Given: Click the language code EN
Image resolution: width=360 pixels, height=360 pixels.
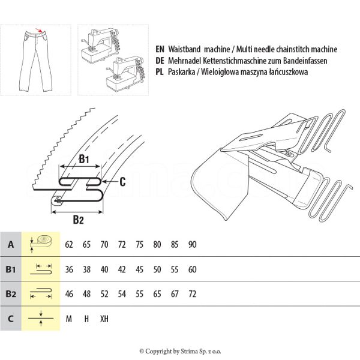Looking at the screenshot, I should [x=159, y=50].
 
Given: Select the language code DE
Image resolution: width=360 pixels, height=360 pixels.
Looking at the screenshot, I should [x=159, y=61].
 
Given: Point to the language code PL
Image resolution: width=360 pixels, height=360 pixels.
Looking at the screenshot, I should [x=159, y=71].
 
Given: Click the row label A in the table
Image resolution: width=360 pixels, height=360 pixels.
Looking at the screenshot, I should [x=11, y=245].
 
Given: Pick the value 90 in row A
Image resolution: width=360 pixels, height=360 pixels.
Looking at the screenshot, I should [x=192, y=245].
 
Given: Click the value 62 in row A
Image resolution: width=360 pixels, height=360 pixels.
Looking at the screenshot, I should [x=69, y=245].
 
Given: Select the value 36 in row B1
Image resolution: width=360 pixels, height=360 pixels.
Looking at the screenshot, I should [x=69, y=269].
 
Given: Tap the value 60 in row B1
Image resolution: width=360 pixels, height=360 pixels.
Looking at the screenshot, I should [x=192, y=269].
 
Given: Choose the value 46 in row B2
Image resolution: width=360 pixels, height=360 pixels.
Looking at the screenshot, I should [x=69, y=294].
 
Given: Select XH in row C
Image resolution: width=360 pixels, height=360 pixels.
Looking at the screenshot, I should [x=104, y=319].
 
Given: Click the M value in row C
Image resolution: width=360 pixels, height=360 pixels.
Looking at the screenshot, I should [x=69, y=319].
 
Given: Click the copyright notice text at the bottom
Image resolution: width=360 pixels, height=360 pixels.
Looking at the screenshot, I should [x=180, y=351].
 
